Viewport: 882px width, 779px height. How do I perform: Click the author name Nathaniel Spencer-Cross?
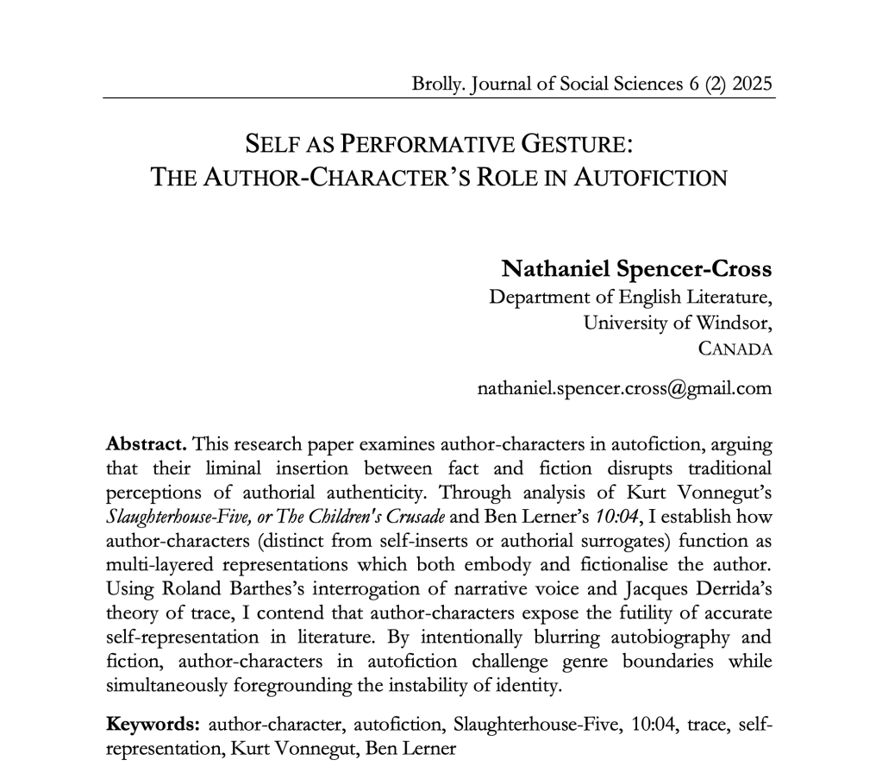[x=636, y=268]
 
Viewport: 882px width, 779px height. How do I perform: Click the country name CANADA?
[x=735, y=349]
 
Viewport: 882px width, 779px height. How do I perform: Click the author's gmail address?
[x=624, y=388]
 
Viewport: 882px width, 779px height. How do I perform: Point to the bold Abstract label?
[x=146, y=444]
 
